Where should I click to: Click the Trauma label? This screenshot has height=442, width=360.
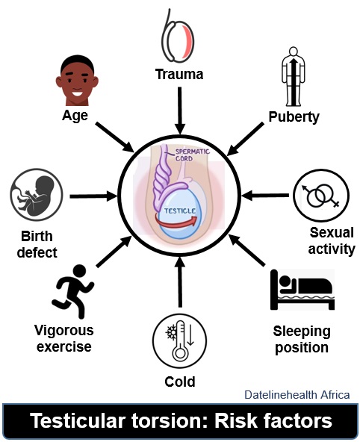179,75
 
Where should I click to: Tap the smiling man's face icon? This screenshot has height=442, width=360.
77,81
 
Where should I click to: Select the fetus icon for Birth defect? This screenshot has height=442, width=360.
37,195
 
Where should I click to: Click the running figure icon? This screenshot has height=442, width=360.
73,291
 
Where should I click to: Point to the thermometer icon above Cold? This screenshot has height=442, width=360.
180,340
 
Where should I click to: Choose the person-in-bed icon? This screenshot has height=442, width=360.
302,290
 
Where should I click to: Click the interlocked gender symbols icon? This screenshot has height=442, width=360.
321,196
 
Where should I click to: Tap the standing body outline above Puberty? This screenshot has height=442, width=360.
294,76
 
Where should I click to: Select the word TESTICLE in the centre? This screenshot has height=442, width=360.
180,211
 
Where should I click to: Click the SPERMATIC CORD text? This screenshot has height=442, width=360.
193,155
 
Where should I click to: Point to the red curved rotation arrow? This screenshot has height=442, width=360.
176,221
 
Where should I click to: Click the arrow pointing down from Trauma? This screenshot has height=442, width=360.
179,110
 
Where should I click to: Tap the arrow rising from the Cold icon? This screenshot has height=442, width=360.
180,282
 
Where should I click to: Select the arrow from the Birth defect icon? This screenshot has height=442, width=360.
93,196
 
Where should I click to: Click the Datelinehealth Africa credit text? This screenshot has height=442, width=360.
297,395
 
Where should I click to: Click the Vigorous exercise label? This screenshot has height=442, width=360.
64,338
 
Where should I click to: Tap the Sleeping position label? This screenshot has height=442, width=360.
302,340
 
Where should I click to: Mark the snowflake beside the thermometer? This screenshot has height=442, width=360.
171,333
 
